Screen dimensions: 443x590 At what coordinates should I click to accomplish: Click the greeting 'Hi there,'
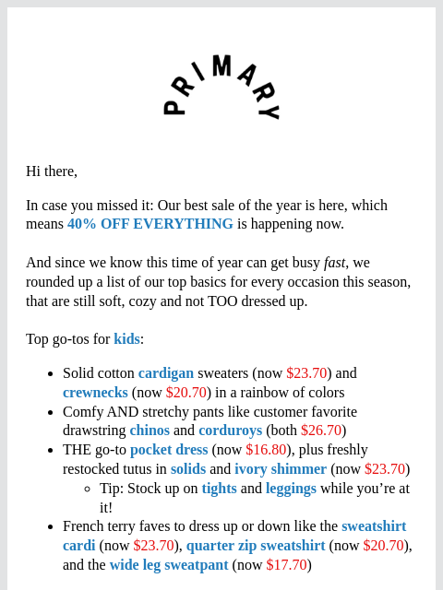(52, 171)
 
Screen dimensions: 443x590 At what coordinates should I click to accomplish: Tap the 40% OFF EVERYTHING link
(150, 224)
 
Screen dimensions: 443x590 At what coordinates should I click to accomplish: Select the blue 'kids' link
(126, 339)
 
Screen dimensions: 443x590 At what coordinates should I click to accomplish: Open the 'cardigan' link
(166, 373)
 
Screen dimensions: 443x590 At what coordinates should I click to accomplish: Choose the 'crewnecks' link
(95, 393)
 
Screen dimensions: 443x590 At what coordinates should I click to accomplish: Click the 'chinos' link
(150, 431)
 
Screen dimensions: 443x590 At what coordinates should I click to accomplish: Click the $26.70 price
(321, 431)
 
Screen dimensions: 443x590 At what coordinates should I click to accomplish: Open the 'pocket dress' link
(169, 450)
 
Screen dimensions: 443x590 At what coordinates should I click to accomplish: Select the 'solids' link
(188, 469)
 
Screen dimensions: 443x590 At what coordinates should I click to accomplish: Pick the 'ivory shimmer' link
(281, 469)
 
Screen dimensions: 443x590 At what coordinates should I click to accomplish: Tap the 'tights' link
(219, 489)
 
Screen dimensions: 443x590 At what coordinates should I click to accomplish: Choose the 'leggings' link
(291, 489)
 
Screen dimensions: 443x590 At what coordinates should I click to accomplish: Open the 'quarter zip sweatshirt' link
(256, 546)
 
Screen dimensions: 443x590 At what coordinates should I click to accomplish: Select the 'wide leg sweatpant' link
(169, 565)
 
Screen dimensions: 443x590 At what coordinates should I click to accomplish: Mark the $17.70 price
(286, 565)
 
